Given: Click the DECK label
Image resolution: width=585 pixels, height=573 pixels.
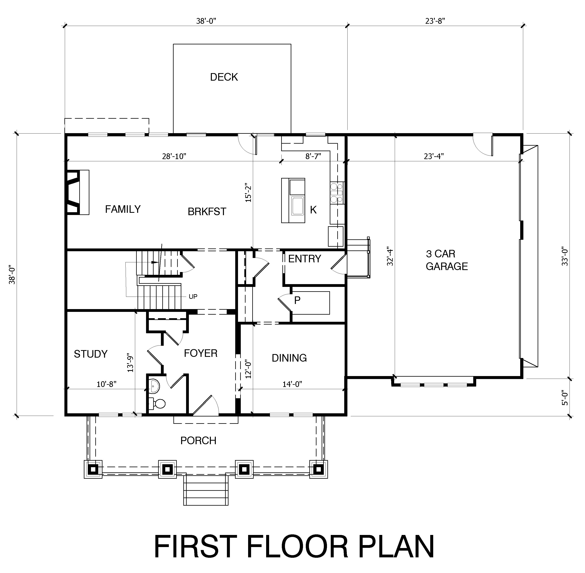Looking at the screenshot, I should [x=224, y=77].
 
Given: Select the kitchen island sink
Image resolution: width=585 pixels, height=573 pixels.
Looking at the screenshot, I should [x=297, y=206].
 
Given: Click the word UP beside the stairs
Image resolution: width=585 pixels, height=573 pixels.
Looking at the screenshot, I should [x=193, y=297].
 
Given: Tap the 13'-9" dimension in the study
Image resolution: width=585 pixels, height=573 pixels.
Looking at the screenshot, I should [x=130, y=363].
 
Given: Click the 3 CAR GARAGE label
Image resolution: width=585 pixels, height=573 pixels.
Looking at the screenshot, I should [x=446, y=260].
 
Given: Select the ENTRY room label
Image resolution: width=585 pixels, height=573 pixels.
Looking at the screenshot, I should [x=305, y=259].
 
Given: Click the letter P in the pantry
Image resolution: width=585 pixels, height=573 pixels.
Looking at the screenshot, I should [x=297, y=300].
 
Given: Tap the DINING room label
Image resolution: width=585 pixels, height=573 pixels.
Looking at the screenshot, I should [x=289, y=358].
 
